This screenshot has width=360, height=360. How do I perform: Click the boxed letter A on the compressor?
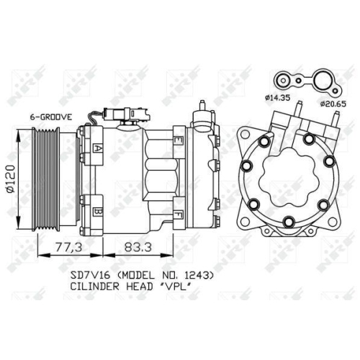pos(97,147)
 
